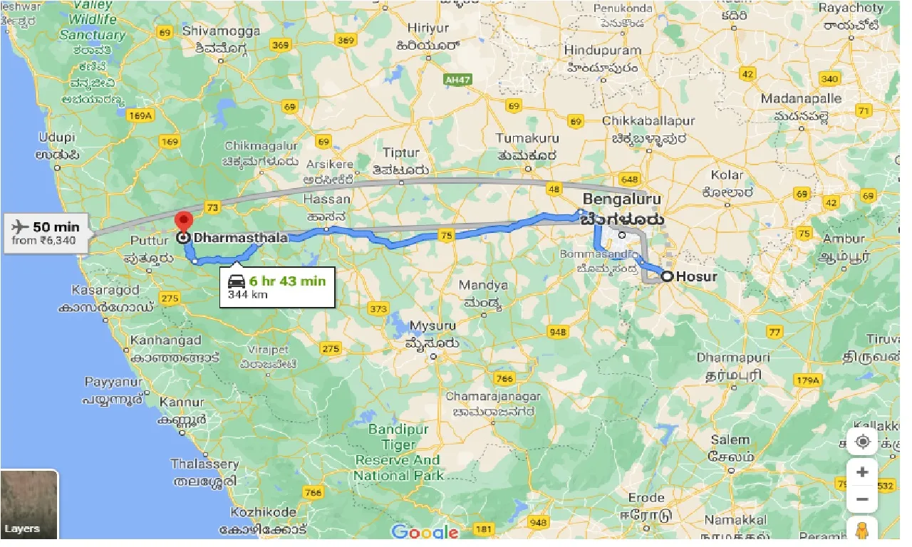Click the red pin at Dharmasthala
pyautogui.click(x=185, y=222)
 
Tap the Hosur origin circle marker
pyautogui.click(x=667, y=276)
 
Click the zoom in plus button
pyautogui.click(x=862, y=472)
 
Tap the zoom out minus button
pyautogui.click(x=862, y=499)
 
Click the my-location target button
pyautogui.click(x=862, y=442)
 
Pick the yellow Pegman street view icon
pyautogui.click(x=862, y=531)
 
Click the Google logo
pyautogui.click(x=425, y=531)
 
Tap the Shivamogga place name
pyautogui.click(x=214, y=31)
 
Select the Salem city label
pyautogui.click(x=730, y=439)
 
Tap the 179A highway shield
pyautogui.click(x=807, y=380)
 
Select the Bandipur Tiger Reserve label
pyautogui.click(x=398, y=452)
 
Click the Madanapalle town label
pyautogui.click(x=801, y=99)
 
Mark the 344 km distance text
pyautogui.click(x=248, y=294)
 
